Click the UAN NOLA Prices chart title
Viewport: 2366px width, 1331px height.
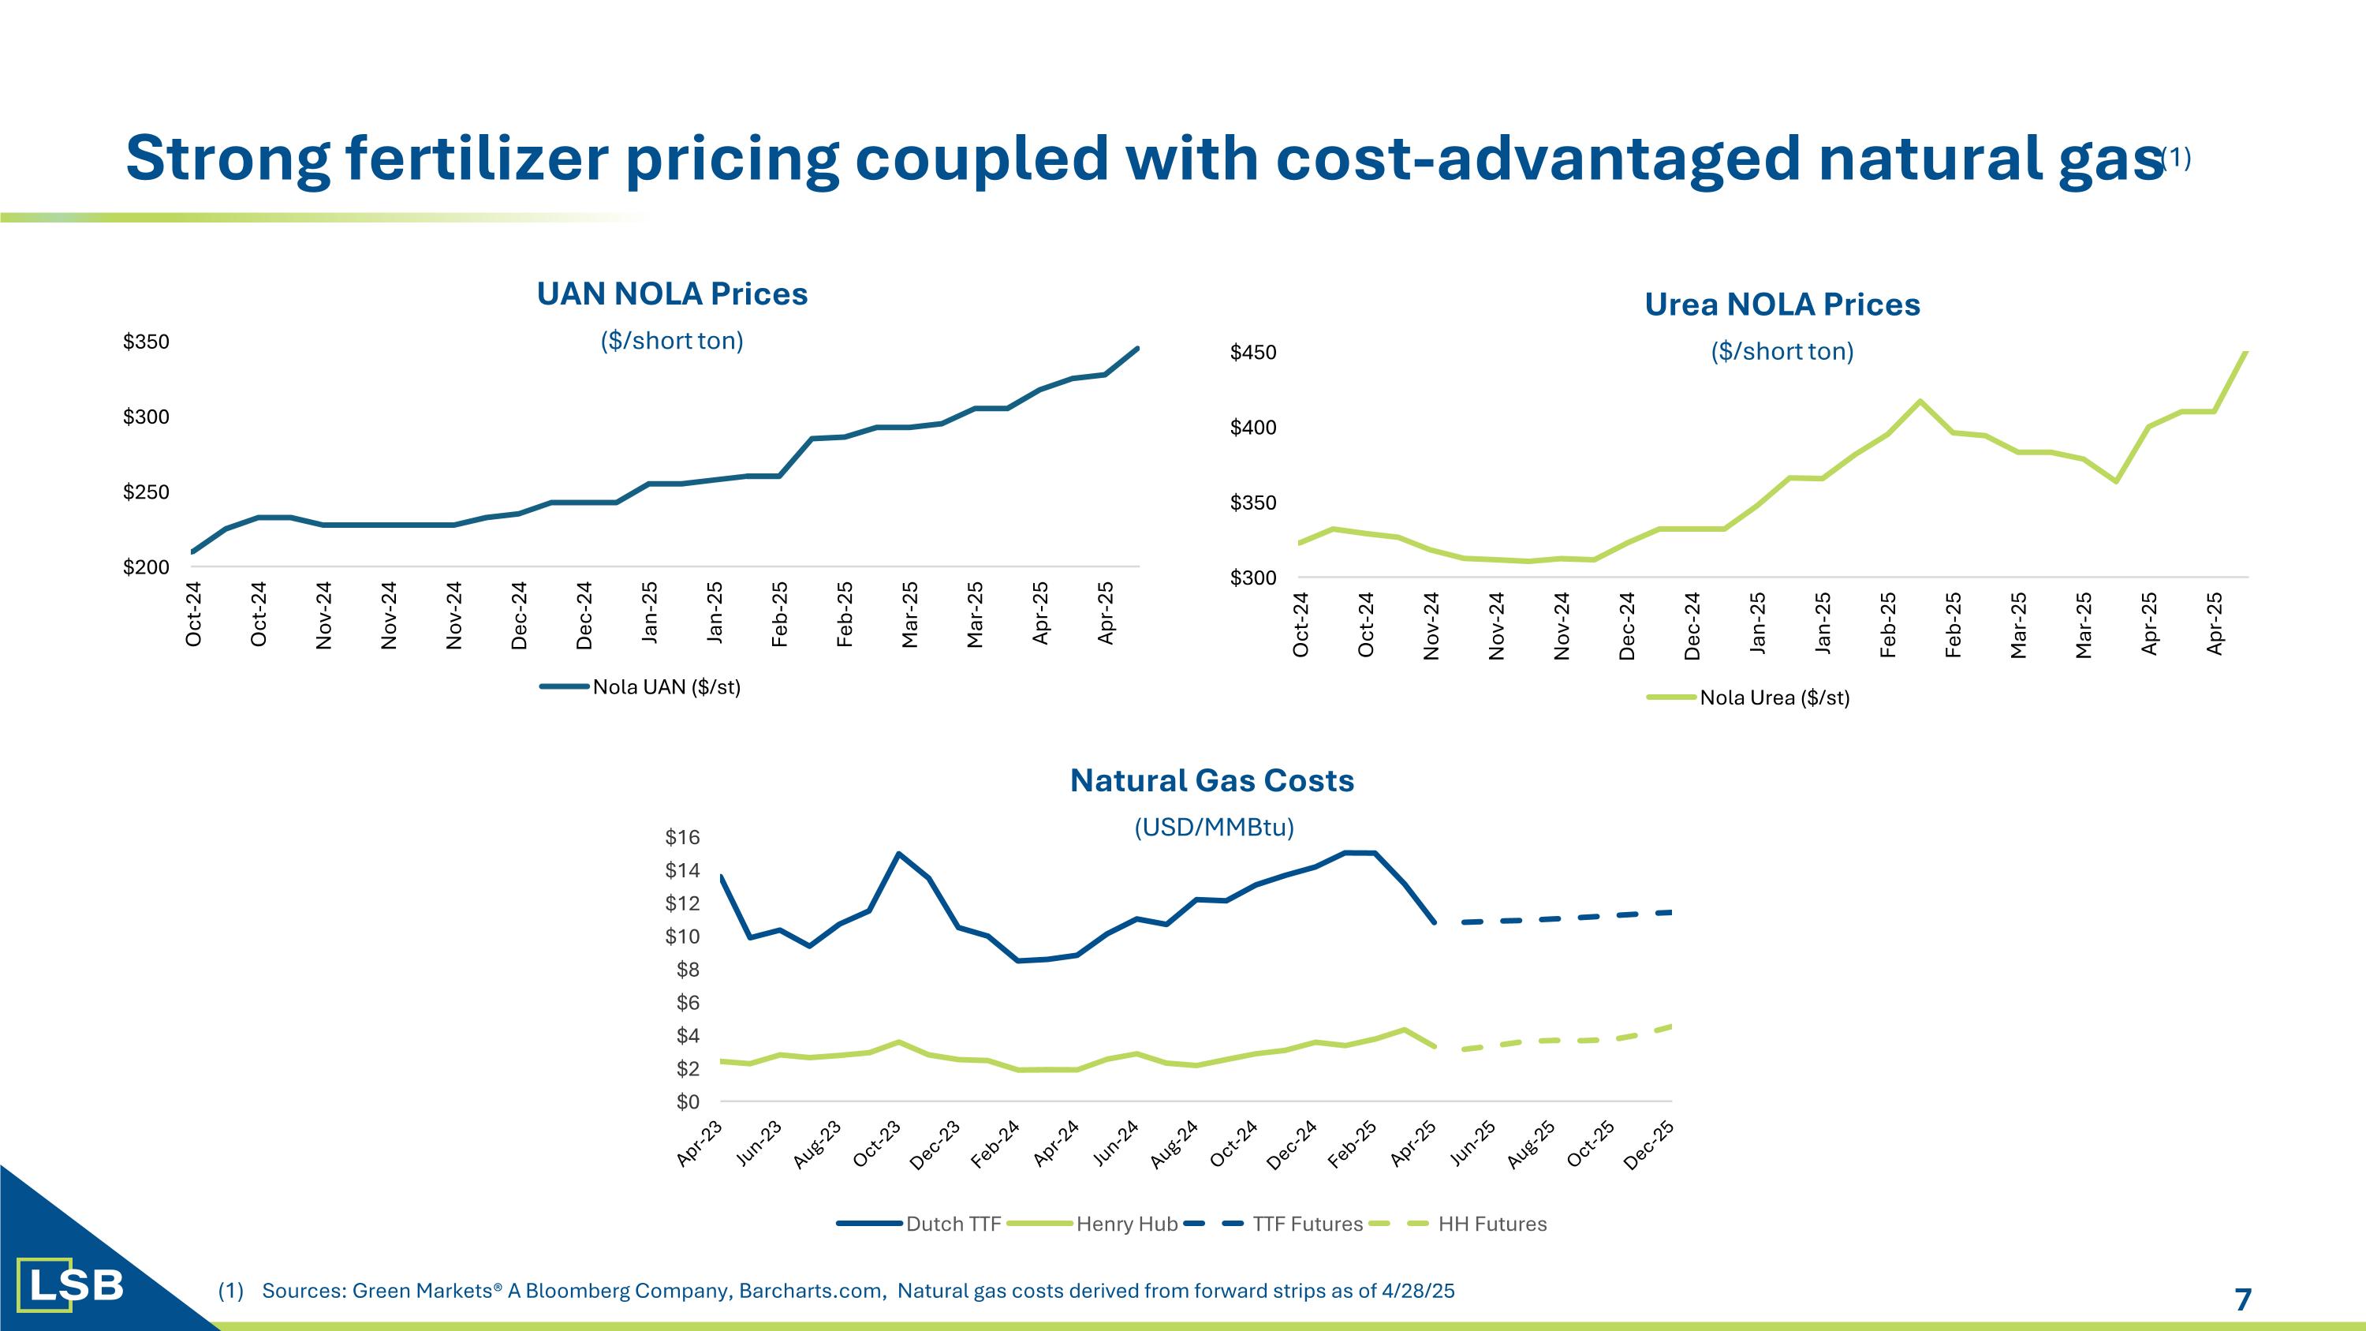point(671,294)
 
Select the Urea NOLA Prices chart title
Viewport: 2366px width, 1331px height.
point(1782,304)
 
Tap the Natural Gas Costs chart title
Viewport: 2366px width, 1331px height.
point(1211,780)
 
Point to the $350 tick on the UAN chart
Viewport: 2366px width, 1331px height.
point(146,342)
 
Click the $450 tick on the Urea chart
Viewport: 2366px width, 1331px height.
point(1253,353)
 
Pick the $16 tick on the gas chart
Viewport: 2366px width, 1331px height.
point(682,837)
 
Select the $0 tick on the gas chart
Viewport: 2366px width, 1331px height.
point(687,1101)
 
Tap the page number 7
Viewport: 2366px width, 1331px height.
point(2243,1299)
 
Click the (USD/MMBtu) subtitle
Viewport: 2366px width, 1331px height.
point(1213,828)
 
